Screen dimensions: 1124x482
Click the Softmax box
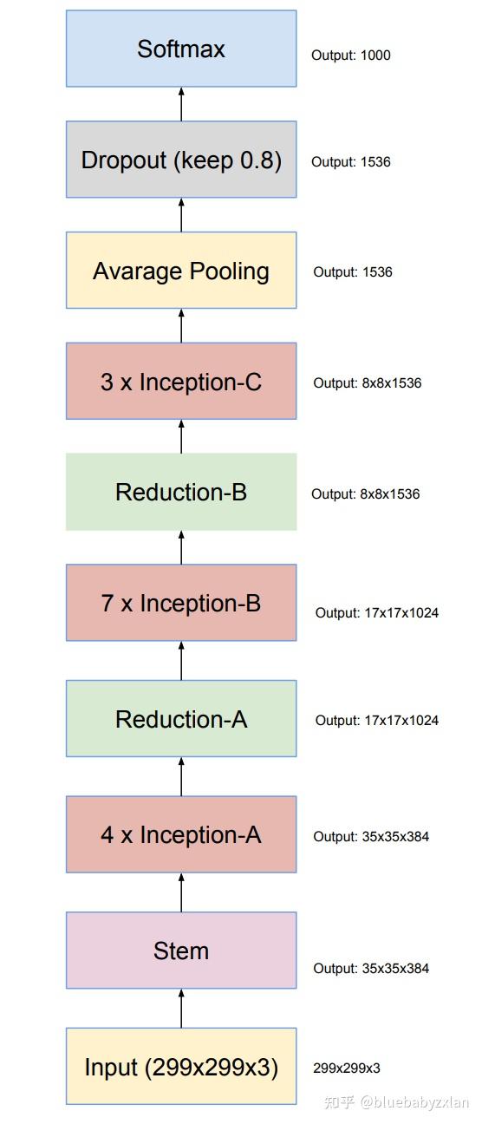click(181, 49)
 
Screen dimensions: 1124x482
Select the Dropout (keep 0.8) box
click(181, 160)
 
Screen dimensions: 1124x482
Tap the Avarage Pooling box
click(181, 271)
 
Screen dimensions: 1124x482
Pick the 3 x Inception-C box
click(181, 382)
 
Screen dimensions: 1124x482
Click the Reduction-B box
click(181, 492)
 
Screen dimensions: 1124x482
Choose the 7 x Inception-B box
click(181, 603)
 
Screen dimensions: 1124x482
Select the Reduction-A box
click(181, 719)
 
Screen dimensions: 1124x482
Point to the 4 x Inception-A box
click(181, 834)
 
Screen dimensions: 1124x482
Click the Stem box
click(181, 951)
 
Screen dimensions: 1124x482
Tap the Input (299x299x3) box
click(181, 1067)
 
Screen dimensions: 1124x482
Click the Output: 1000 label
click(351, 56)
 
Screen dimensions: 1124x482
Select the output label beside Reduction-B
click(365, 494)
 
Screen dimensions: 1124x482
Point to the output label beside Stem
click(371, 969)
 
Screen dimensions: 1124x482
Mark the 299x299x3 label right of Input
click(347, 1068)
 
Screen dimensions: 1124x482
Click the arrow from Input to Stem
click(181, 1009)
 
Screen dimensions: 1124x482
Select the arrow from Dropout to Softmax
click(181, 104)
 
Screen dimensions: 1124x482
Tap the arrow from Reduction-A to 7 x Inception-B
click(181, 661)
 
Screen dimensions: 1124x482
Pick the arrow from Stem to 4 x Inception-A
click(181, 892)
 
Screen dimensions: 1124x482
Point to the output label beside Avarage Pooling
click(353, 272)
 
